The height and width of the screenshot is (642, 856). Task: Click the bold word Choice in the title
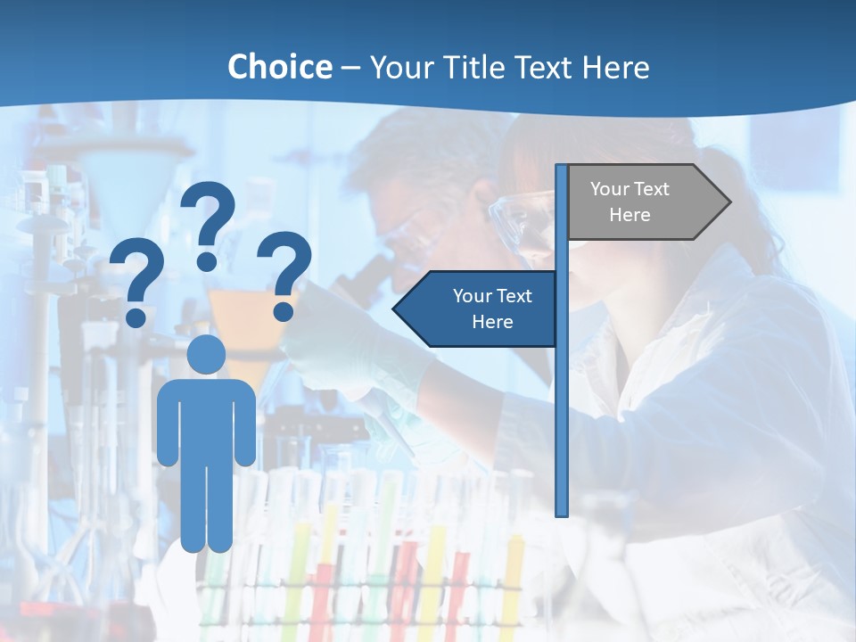click(279, 67)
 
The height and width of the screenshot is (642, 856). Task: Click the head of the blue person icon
click(206, 354)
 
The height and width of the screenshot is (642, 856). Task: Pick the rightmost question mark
click(284, 275)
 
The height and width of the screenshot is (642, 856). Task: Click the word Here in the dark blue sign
click(492, 322)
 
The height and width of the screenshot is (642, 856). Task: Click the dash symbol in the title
click(350, 68)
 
